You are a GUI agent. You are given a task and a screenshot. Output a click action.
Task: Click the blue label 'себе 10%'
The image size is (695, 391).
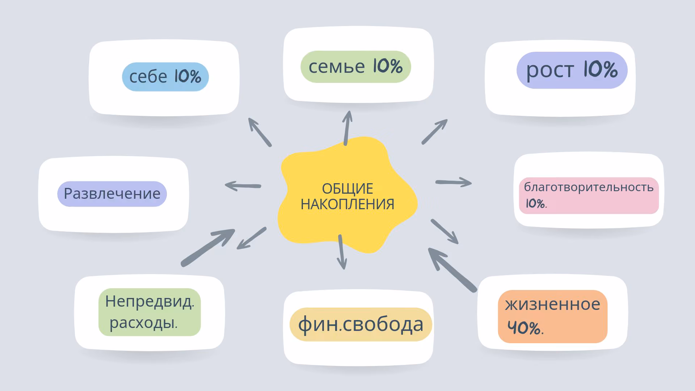(165, 76)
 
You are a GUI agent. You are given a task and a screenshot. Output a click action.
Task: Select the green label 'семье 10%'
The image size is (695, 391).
(356, 67)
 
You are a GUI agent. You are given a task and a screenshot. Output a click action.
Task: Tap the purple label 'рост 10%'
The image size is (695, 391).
(572, 70)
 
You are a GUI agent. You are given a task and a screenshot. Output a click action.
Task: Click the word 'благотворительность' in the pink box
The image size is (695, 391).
(589, 187)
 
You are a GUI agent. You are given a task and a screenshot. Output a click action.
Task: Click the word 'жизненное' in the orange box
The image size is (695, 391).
(552, 304)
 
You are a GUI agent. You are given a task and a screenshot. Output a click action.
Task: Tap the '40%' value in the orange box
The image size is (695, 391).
(525, 328)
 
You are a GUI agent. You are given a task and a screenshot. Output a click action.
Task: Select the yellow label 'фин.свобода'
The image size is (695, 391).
(361, 324)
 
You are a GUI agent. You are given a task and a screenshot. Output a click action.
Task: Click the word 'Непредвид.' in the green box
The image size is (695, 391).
(149, 302)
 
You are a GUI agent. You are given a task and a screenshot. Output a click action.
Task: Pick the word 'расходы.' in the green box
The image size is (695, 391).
(144, 323)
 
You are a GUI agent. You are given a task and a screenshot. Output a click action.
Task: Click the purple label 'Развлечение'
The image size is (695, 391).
(112, 194)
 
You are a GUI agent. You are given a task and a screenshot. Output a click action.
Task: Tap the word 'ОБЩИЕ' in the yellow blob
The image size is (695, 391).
(347, 189)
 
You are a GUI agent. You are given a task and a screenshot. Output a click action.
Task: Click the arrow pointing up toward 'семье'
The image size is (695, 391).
(347, 128)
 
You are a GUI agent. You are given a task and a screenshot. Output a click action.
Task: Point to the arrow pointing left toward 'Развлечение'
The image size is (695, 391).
(243, 186)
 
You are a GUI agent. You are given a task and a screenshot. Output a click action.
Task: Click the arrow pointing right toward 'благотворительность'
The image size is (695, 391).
(454, 182)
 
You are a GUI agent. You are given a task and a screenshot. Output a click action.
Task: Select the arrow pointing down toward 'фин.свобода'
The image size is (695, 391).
(341, 252)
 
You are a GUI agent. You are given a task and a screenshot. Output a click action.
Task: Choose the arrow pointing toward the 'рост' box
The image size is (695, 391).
(435, 132)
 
